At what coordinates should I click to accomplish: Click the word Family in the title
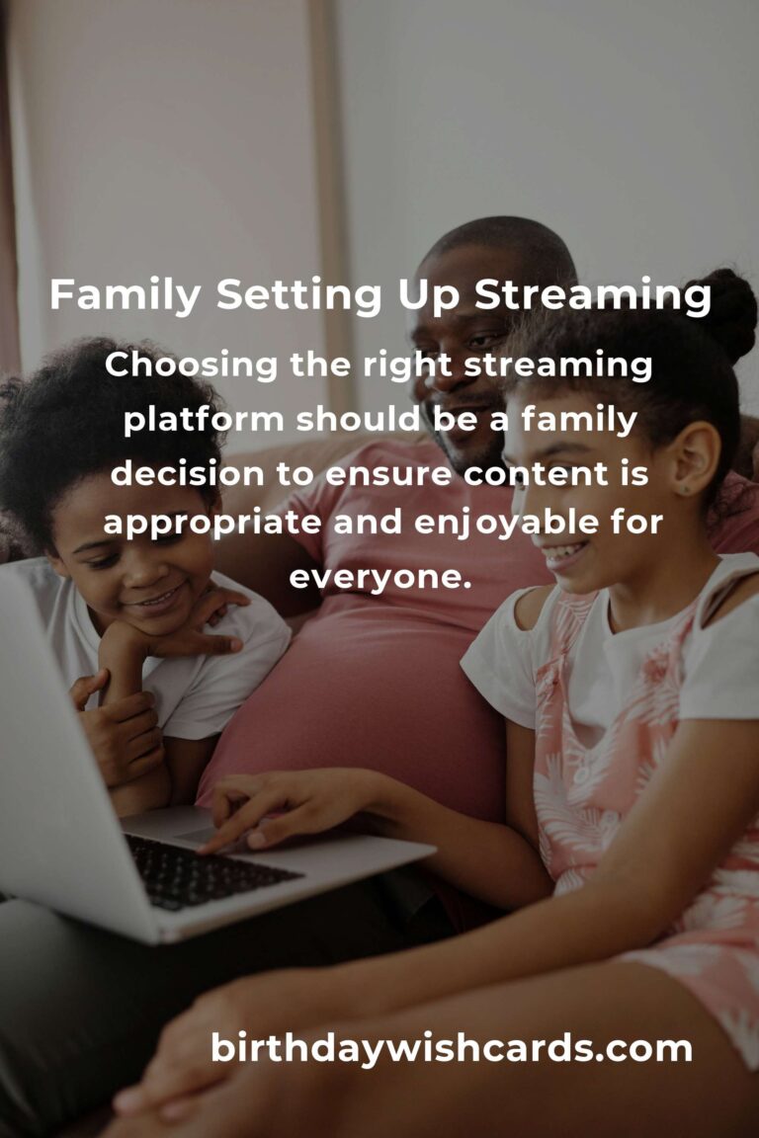coord(125,296)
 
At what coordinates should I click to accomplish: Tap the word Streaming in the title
coord(593,296)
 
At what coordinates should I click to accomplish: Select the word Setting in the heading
coord(298,296)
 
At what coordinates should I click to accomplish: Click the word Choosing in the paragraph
coord(191,366)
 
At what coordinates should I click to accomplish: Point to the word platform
coord(205,420)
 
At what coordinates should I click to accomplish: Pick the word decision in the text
coord(188,474)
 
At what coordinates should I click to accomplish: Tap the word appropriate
coord(212,524)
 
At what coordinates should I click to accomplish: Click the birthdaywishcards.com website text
coord(451,1048)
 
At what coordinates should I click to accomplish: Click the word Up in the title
coord(428,297)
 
